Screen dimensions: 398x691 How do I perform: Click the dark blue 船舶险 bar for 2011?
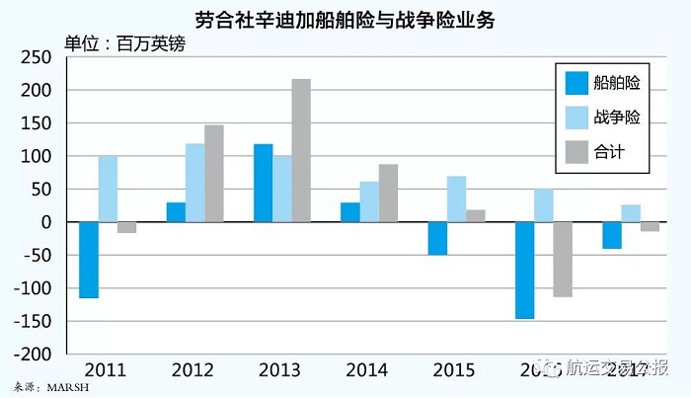tap(89, 260)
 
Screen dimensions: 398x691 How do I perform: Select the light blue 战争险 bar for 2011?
tap(108, 189)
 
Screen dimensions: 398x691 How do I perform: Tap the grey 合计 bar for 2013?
tap(300, 150)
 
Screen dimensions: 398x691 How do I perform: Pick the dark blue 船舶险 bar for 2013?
tap(263, 183)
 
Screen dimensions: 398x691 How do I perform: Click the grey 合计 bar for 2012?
tap(213, 173)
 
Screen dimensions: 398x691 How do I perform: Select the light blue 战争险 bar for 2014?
tap(369, 201)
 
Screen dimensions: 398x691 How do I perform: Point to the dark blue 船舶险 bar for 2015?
tap(436, 238)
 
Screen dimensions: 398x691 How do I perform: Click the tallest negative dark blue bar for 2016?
tap(524, 270)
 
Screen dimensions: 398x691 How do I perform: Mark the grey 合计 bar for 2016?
tap(562, 259)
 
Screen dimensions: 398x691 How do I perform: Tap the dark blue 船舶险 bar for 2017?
tap(612, 235)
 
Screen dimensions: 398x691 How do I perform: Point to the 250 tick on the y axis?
tap(37, 57)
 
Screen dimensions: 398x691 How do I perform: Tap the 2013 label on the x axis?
tap(280, 370)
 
